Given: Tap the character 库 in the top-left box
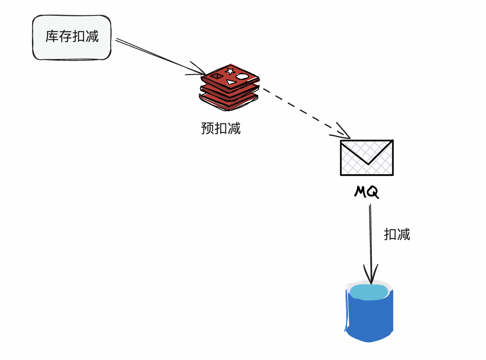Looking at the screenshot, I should click(52, 37).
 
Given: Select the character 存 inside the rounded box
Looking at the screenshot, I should click(66, 37).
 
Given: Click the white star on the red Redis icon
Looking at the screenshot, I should click(230, 71).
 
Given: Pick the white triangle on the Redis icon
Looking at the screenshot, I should click(231, 82).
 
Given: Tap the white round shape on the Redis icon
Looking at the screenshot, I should click(242, 76).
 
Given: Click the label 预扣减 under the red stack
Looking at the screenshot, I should click(221, 128).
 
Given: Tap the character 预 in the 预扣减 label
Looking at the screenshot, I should click(208, 128).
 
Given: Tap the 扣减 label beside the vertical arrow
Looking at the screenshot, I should click(397, 234).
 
